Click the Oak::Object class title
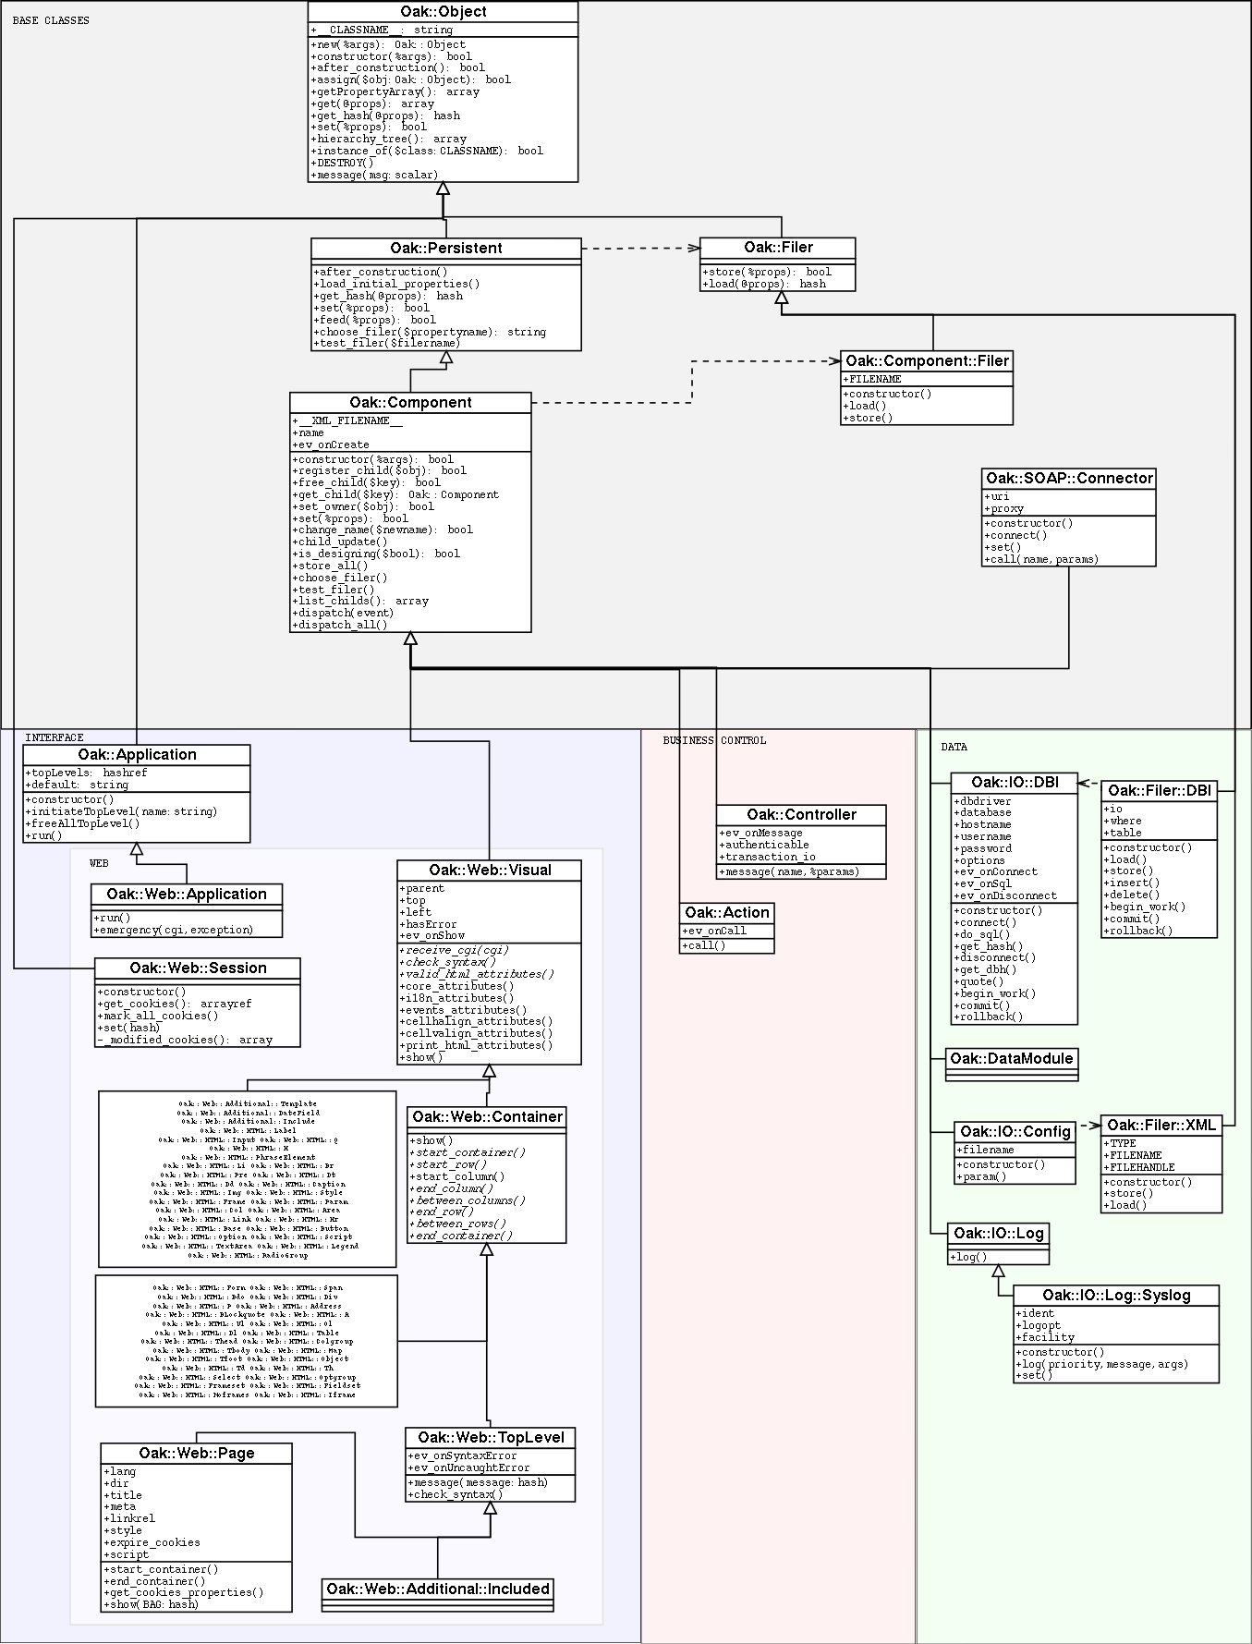pos(443,12)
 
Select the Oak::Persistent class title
pos(446,249)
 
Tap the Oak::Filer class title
pos(778,248)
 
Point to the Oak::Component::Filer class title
pos(927,361)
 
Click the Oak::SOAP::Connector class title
pos(1069,479)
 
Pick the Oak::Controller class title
pos(801,815)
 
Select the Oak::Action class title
pos(727,913)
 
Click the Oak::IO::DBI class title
pos(1015,783)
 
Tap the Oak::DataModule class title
pos(1012,1059)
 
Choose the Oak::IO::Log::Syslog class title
pos(1116,1296)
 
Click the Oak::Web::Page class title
pos(196,1454)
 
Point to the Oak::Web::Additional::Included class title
pos(438,1589)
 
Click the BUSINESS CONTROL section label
pos(714,740)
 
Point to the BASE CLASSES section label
pos(51,20)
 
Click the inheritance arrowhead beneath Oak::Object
pos(444,189)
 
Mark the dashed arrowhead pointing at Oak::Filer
pos(694,248)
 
